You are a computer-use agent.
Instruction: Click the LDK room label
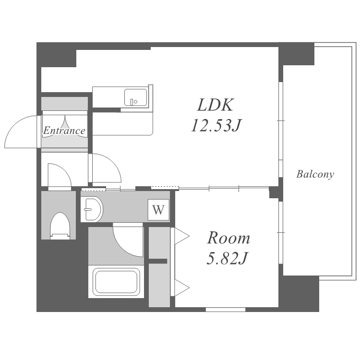click(x=216, y=105)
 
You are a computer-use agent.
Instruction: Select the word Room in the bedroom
click(x=228, y=238)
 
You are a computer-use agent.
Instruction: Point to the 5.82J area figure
click(x=227, y=258)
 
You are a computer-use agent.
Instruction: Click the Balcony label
click(x=315, y=174)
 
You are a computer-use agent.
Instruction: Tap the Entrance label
click(x=64, y=131)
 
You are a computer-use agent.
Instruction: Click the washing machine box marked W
click(x=158, y=210)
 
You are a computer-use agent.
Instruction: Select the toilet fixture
click(x=60, y=226)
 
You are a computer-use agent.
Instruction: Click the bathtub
click(x=116, y=282)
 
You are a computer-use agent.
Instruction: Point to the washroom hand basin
click(x=92, y=209)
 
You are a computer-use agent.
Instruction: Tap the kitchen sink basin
click(x=135, y=97)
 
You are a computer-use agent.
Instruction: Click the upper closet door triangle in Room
click(x=182, y=236)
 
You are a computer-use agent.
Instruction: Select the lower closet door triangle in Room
click(x=182, y=288)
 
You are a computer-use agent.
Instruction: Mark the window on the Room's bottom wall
click(x=226, y=310)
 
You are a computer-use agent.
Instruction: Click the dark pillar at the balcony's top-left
click(x=296, y=54)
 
